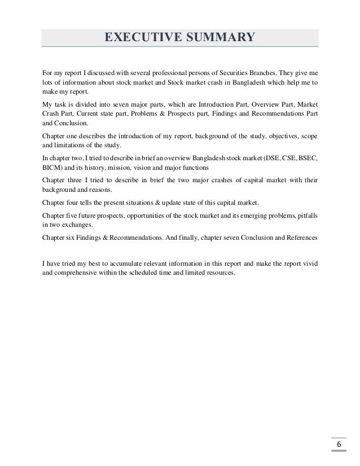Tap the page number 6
[339, 445]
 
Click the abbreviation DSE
[265, 159]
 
